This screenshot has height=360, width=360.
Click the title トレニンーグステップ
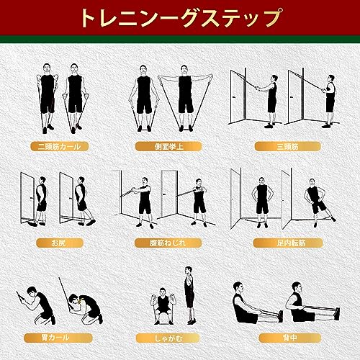click(x=180, y=15)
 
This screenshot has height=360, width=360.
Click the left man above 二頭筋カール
click(x=47, y=97)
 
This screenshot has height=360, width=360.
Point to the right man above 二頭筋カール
click(x=75, y=97)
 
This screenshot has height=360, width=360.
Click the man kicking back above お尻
click(x=80, y=202)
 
